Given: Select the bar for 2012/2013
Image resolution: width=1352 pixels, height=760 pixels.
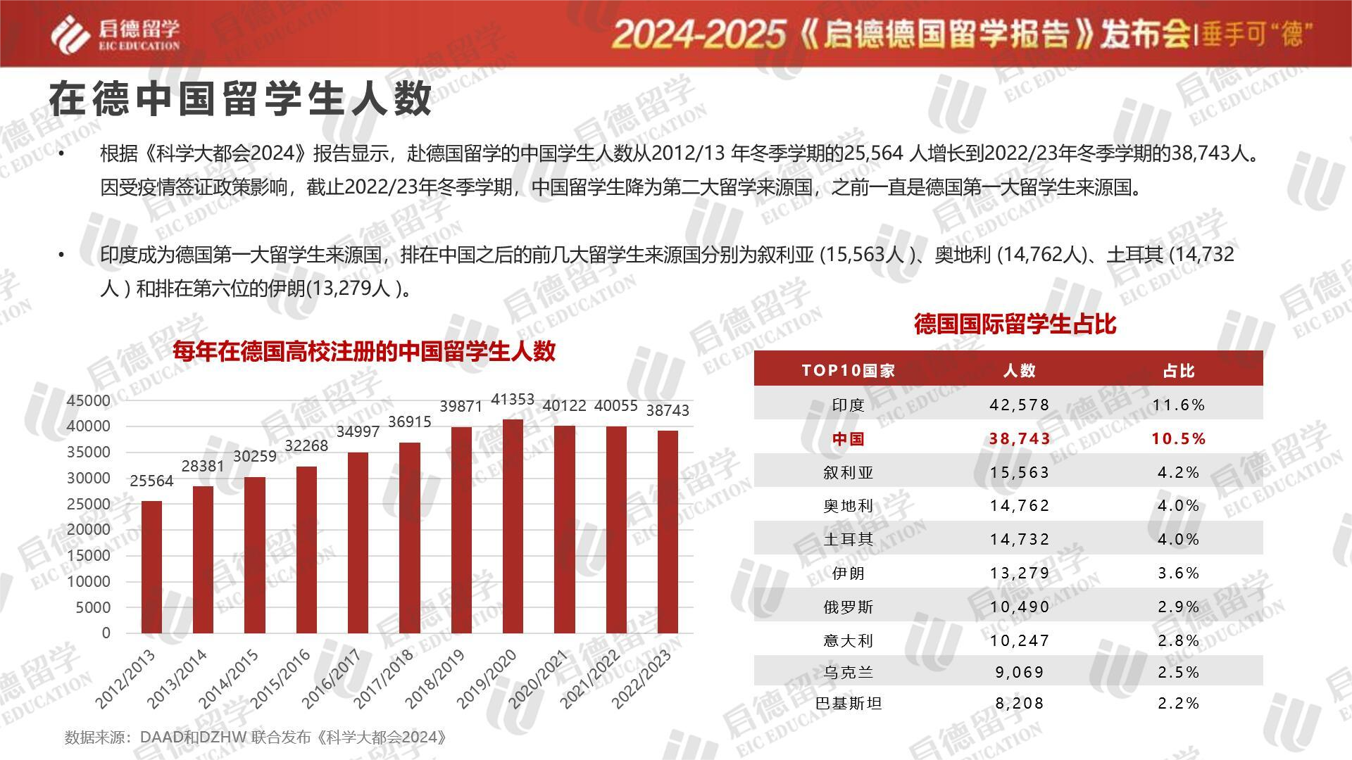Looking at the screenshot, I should click(151, 567).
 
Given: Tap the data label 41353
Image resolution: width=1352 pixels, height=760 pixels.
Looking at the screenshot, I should click(513, 400).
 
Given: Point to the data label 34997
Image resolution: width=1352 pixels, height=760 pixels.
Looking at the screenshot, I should click(358, 432).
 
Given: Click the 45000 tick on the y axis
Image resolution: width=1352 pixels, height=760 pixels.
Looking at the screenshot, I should click(89, 400).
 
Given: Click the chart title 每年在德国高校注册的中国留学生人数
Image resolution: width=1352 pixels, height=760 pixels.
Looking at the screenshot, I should click(364, 351).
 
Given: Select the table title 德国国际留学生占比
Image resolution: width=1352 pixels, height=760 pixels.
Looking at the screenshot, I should click(1015, 324).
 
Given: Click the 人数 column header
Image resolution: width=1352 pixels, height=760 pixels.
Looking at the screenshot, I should click(1020, 371).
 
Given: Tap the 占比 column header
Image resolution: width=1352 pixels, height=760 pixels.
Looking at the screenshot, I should click(1179, 371).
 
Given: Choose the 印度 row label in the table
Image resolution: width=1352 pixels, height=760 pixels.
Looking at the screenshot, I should click(848, 405).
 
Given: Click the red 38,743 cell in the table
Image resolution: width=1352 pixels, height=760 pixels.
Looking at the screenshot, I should click(1020, 438).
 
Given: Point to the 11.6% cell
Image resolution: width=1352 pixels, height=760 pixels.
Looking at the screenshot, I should click(1179, 405).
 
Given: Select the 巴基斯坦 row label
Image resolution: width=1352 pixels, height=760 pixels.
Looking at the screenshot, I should click(848, 703).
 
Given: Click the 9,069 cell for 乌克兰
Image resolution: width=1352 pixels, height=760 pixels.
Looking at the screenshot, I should click(1020, 672).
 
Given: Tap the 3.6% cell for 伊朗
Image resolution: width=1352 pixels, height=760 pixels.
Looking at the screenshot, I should click(1179, 573).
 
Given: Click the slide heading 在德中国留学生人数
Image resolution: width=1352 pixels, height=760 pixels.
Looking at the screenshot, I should click(240, 99).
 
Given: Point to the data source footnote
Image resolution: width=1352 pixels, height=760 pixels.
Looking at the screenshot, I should click(256, 737).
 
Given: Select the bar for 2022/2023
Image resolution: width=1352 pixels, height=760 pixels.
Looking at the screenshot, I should click(668, 532).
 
